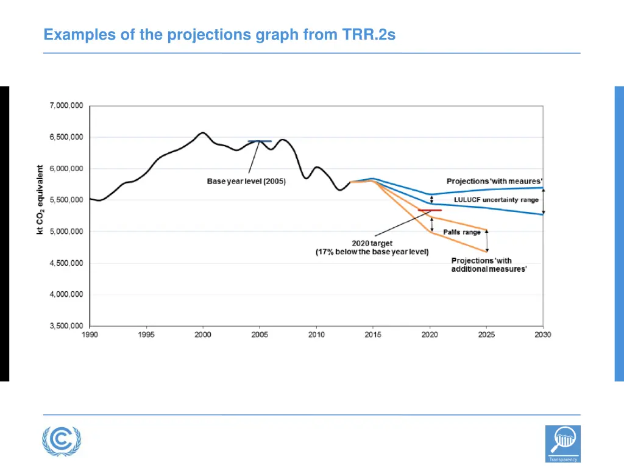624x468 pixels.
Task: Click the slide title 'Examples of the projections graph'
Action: tap(219, 35)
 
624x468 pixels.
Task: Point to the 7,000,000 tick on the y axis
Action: tap(66, 106)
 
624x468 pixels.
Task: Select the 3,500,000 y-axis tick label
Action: tap(66, 326)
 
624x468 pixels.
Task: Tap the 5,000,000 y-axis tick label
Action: tap(66, 232)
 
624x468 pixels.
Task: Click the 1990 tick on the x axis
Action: tap(90, 335)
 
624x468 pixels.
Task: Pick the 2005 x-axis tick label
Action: tap(260, 335)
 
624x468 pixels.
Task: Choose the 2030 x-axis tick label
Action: tap(542, 335)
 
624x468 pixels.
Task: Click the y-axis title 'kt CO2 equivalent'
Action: tap(40, 200)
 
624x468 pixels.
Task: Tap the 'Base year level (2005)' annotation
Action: tap(246, 182)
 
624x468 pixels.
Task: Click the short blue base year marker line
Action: tap(260, 141)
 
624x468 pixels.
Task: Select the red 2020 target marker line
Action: tap(430, 210)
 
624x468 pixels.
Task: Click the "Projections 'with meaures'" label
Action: tap(494, 181)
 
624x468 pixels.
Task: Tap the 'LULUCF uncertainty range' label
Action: tap(496, 200)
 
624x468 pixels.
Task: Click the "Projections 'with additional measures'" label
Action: tap(489, 264)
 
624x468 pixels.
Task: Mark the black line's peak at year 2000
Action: tap(203, 132)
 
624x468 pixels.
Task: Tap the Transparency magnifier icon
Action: tap(562, 443)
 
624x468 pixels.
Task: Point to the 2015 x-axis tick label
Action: tap(373, 335)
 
